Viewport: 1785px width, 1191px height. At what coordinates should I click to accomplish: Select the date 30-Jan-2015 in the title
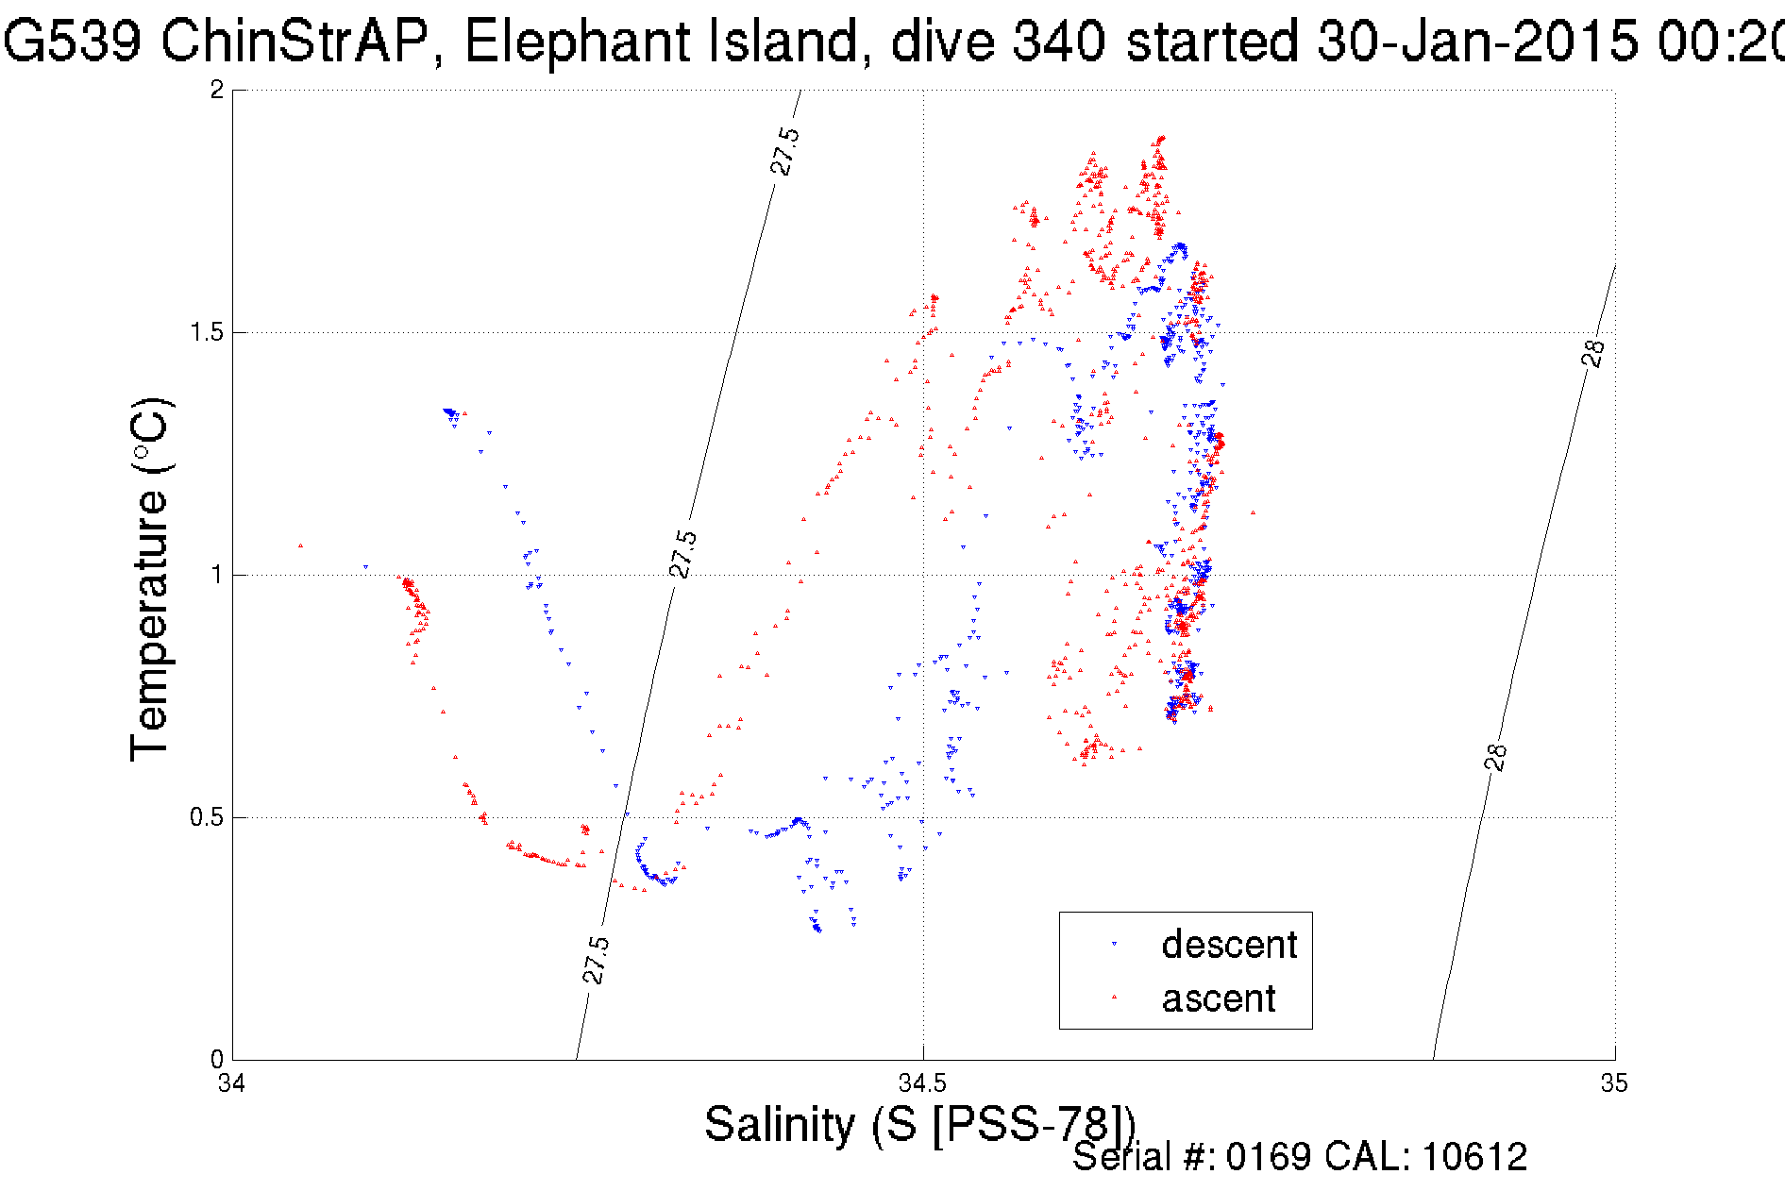[x=1477, y=42]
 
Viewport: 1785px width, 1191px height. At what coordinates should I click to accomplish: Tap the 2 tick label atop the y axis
[x=217, y=90]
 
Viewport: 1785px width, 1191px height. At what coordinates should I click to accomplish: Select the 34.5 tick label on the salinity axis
[x=923, y=1082]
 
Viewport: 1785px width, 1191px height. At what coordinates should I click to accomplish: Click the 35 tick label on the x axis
[x=1613, y=1082]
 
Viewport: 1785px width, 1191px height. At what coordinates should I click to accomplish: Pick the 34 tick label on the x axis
[x=232, y=1082]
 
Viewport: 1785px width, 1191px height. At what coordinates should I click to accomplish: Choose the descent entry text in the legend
[x=1229, y=945]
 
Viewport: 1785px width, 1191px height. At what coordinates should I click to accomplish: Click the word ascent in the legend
[x=1219, y=998]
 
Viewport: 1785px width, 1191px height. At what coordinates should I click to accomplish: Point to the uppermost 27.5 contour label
[x=785, y=151]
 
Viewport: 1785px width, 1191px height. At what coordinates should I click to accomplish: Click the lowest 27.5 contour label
[x=596, y=961]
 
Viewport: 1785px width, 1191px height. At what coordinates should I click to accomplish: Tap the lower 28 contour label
[x=1496, y=758]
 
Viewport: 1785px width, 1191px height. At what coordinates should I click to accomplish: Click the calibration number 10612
[x=1473, y=1157]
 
